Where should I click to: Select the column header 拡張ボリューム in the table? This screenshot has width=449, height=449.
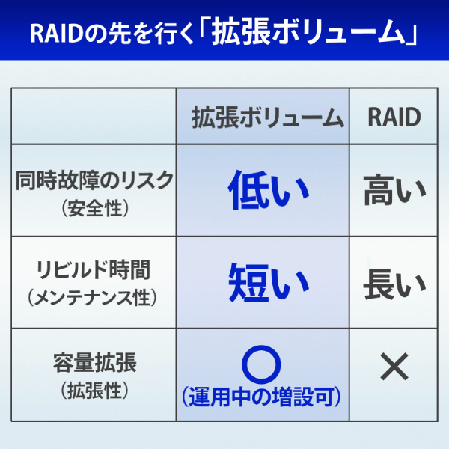point(268,117)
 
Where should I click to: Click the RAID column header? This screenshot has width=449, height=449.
point(394,117)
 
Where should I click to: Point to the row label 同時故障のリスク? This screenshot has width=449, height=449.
point(94,180)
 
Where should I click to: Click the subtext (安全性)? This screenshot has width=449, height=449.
point(95,208)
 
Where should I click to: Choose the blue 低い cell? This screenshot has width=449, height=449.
point(269,189)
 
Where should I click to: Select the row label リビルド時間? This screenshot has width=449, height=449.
point(94,269)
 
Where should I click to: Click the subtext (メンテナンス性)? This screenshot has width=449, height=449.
point(92,297)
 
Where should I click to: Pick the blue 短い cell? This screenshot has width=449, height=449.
point(269,282)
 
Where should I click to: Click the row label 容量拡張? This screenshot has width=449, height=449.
point(95,362)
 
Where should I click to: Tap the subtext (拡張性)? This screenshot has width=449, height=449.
point(95,390)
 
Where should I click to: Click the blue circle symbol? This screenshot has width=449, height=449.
point(261,364)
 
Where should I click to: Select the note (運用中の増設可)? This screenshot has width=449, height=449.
point(261,397)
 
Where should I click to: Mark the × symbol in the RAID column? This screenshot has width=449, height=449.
point(394,366)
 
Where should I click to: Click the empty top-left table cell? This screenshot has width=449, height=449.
point(94,116)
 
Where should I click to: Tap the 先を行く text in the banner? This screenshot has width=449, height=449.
point(152,34)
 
